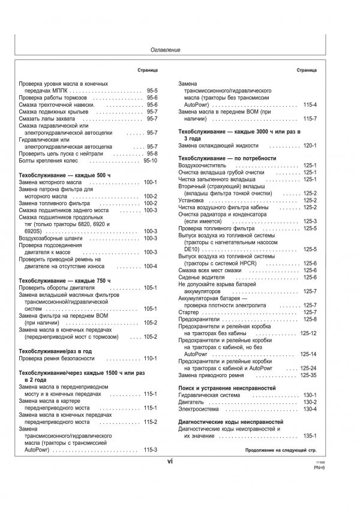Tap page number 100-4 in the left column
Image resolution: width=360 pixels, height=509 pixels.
150,266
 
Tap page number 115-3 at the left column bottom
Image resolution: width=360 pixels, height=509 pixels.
150,450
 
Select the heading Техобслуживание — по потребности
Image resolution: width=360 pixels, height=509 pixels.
227,158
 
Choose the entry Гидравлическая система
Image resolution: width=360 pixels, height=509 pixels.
211,396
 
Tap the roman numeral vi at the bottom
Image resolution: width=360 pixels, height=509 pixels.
170,462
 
